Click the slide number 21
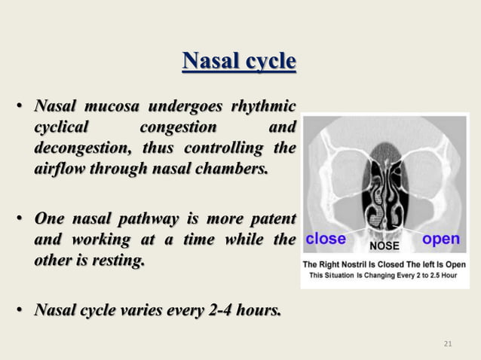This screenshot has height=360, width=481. [448, 344]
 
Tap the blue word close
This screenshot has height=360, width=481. [326, 239]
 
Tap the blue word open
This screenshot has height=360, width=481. [441, 239]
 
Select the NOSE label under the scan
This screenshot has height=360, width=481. [384, 246]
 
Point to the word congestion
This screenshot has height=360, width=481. [179, 126]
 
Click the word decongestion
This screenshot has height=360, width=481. [81, 147]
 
